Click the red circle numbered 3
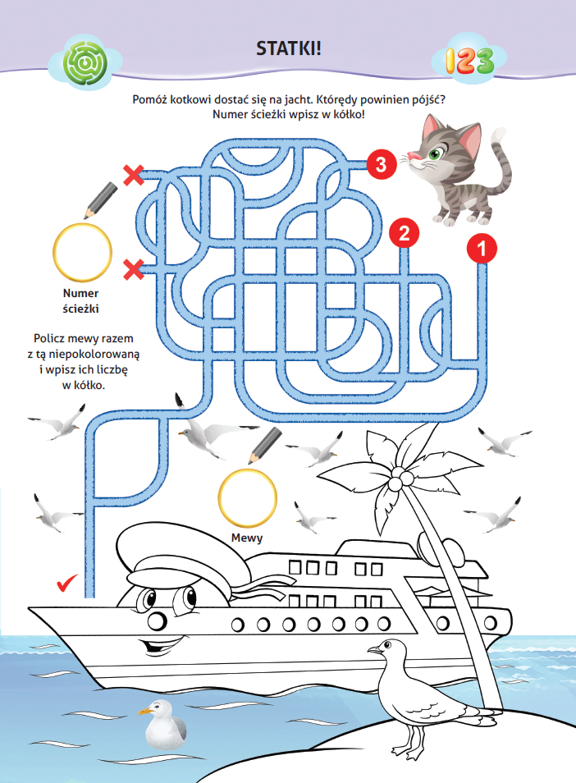tap(382, 164)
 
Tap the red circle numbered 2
tap(405, 233)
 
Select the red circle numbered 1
tap(482, 248)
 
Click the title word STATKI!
tap(289, 48)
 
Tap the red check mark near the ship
tap(67, 582)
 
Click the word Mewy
tap(247, 538)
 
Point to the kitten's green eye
tap(434, 154)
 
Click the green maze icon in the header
tap(85, 63)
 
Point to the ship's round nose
tap(157, 621)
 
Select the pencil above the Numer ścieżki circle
tap(100, 200)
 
